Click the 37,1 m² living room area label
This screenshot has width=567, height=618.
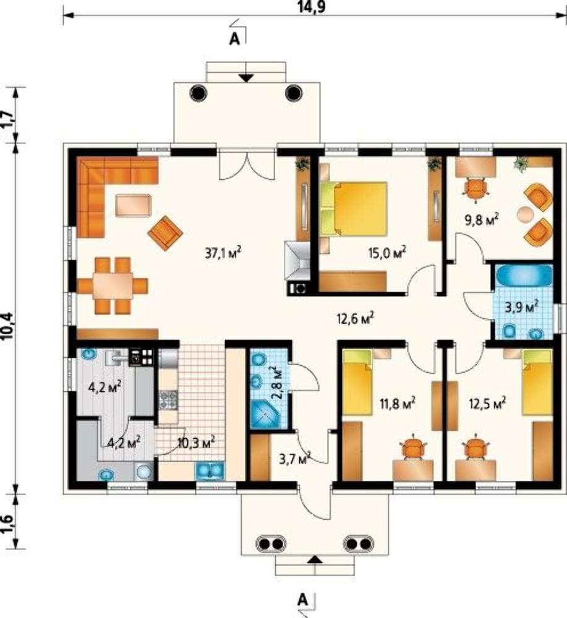click(223, 252)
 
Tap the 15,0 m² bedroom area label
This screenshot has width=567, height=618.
click(388, 252)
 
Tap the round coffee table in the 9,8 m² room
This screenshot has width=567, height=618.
click(525, 214)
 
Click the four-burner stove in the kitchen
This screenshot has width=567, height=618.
click(169, 399)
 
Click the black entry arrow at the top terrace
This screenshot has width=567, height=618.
click(246, 78)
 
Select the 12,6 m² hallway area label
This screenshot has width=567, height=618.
click(356, 318)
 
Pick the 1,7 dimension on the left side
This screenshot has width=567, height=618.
click(9, 118)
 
